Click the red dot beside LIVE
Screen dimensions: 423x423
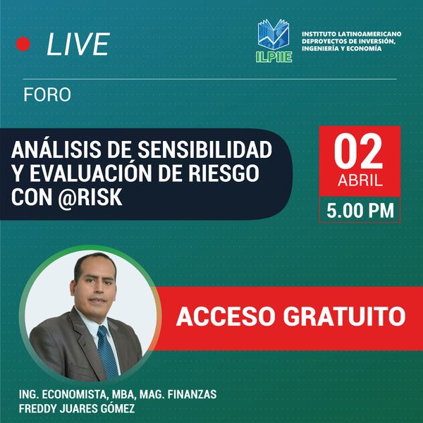(23, 44)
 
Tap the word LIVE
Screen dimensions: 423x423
(78, 44)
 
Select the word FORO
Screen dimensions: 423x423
(47, 94)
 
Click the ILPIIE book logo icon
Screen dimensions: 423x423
(274, 34)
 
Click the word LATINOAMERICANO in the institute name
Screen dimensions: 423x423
(370, 33)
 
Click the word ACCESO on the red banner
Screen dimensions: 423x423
(225, 317)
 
